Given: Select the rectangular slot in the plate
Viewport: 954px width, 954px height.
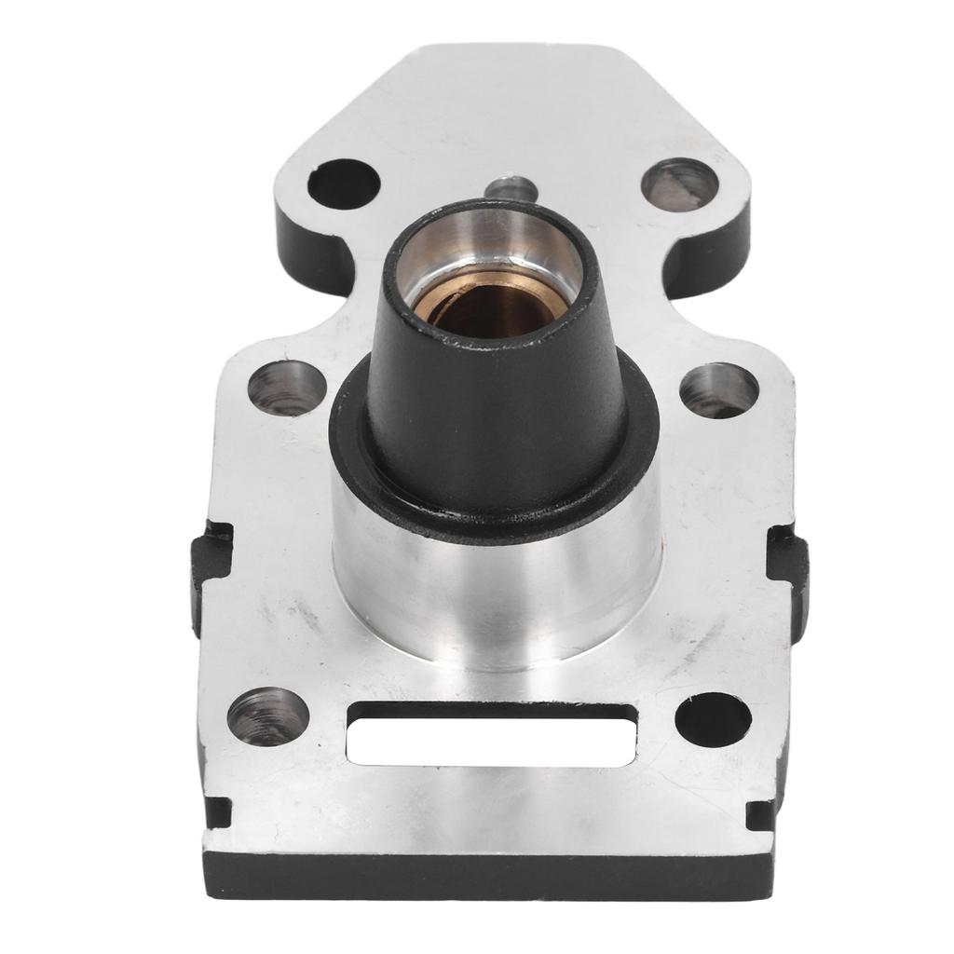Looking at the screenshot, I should pos(491,735).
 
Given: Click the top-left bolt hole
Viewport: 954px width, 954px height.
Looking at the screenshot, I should pos(344,184).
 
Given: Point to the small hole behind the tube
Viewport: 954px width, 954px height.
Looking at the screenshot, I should pos(511,186).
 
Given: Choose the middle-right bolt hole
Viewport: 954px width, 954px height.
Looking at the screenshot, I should pos(718,390).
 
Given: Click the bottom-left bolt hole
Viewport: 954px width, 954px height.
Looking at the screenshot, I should pos(268,716).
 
